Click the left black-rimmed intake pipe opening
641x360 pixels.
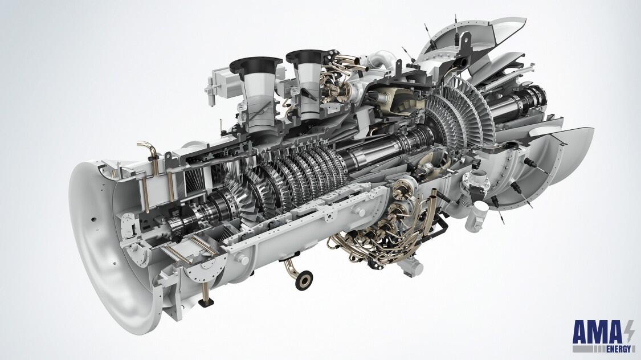[x=256, y=62]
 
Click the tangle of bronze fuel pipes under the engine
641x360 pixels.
[x=370, y=239]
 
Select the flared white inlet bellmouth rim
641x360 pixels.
[x=97, y=239]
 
